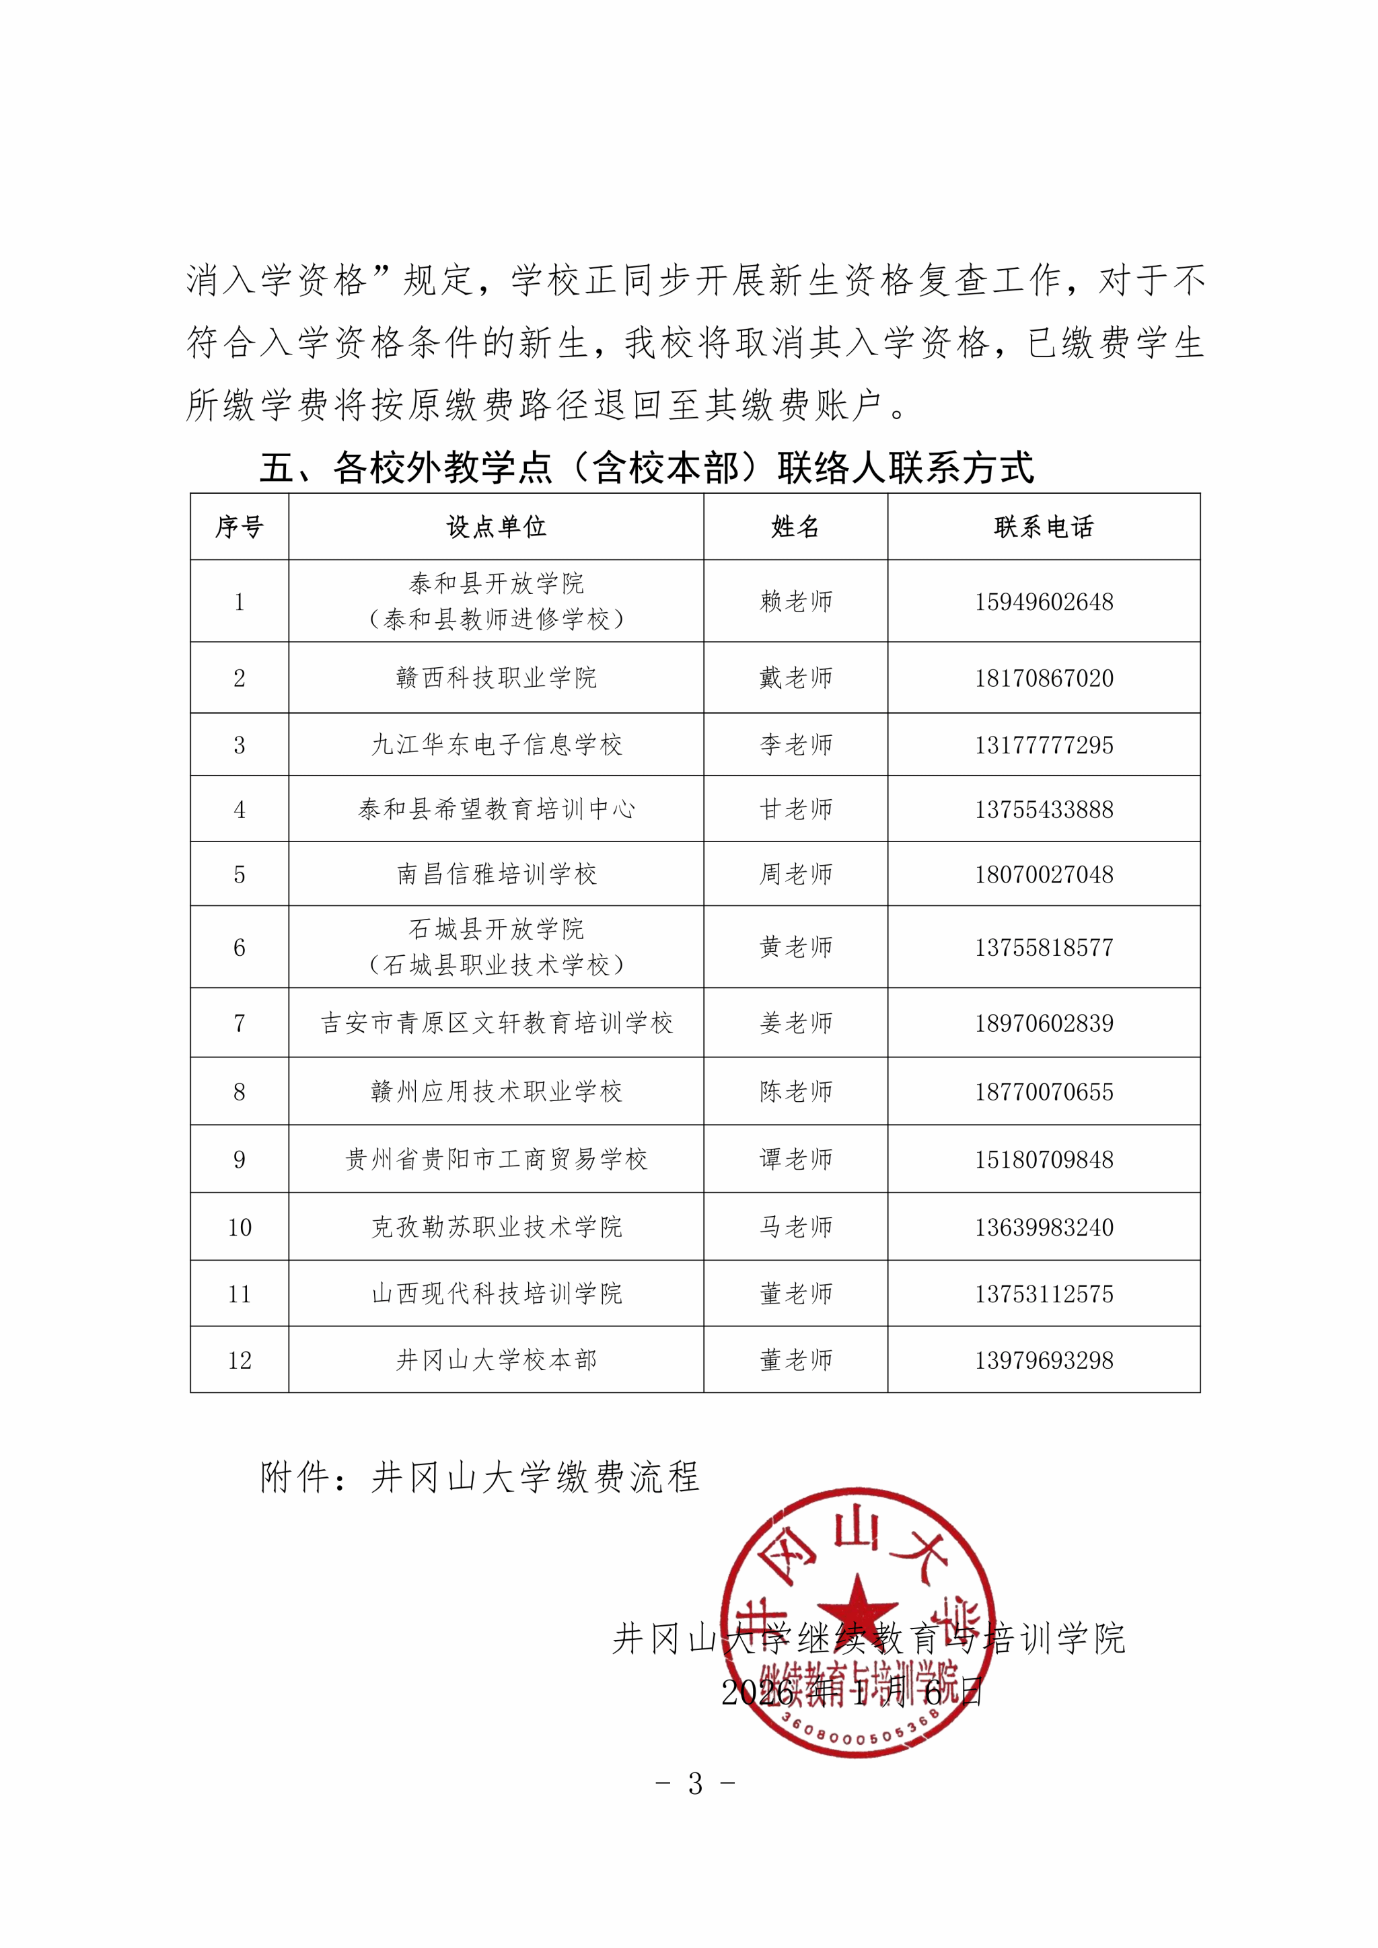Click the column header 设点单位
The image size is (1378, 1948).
click(x=497, y=527)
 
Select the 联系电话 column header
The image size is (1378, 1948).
click(x=1044, y=527)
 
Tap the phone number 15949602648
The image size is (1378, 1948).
click(x=1044, y=601)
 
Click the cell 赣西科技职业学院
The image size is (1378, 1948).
click(x=497, y=678)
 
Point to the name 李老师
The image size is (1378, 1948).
click(x=796, y=745)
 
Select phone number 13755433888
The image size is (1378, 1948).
click(x=1044, y=809)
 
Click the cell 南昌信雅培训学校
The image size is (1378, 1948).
click(x=497, y=874)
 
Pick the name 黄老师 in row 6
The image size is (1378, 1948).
click(x=796, y=947)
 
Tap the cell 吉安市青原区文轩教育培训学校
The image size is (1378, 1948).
click(x=497, y=1023)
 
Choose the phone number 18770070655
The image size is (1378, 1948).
click(x=1044, y=1092)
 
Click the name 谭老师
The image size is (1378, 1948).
click(x=796, y=1160)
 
